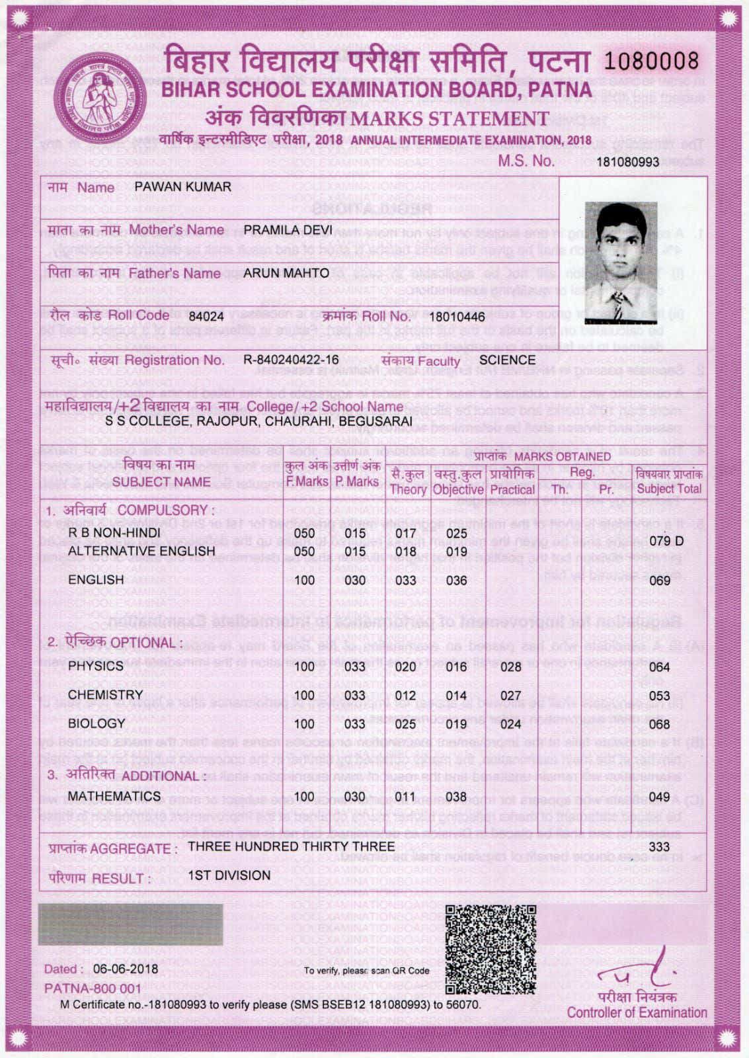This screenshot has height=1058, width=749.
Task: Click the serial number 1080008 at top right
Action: tap(650, 61)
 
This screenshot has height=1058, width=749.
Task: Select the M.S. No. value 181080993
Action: tap(627, 162)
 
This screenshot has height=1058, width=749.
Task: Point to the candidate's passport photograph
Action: tap(621, 261)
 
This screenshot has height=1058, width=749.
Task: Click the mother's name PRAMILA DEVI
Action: tap(288, 230)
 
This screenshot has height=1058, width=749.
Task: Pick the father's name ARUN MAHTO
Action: tap(286, 273)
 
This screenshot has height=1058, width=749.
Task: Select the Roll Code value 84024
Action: tap(206, 317)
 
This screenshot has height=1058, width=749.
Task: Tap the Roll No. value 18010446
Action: tap(457, 317)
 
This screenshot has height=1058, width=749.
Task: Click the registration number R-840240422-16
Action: tap(291, 360)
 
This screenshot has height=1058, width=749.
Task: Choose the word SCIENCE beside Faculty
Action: tap(507, 360)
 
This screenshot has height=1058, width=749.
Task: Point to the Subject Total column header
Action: tap(668, 482)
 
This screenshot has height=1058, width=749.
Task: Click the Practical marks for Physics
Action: tap(510, 667)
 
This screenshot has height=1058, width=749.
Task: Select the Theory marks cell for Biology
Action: tap(405, 724)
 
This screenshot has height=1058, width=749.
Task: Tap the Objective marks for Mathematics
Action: tap(456, 797)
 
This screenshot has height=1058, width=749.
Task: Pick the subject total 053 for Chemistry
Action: tap(659, 696)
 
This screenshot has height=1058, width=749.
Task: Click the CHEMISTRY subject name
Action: tap(105, 695)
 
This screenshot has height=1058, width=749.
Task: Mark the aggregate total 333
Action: tap(659, 846)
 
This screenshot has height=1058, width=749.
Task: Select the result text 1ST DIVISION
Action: tap(229, 875)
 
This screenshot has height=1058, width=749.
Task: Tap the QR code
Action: tap(490, 950)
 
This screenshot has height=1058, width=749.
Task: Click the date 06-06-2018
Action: tap(126, 969)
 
